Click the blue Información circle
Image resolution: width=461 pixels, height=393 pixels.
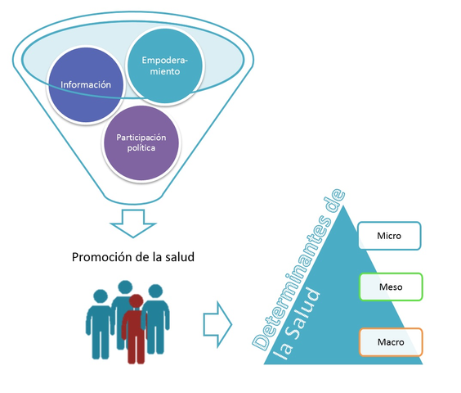click(x=85, y=84)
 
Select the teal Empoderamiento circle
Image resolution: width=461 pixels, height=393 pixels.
click(x=164, y=66)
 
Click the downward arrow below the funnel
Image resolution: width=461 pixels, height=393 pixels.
click(x=132, y=222)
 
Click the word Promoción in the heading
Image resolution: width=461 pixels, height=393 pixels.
click(x=103, y=257)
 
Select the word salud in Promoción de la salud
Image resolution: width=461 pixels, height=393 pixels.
click(x=178, y=257)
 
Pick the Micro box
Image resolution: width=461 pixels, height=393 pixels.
click(x=388, y=236)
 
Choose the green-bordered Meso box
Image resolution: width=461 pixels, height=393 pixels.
click(x=390, y=287)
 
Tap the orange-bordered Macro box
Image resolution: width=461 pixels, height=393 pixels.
click(x=390, y=340)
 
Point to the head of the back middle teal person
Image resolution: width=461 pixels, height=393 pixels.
click(x=124, y=288)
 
